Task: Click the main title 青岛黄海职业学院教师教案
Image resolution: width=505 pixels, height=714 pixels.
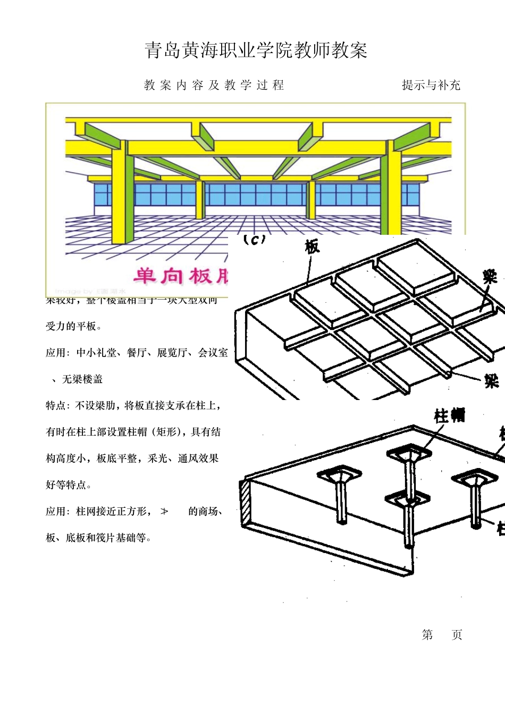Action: (x=256, y=50)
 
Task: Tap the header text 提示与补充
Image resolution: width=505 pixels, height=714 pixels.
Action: (x=431, y=85)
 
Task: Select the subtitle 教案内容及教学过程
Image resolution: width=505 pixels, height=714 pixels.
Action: (x=214, y=85)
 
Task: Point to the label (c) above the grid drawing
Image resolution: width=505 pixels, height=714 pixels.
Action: (x=254, y=240)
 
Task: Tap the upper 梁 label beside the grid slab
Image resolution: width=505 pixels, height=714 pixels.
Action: (x=490, y=277)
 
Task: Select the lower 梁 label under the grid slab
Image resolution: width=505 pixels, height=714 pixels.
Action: (x=491, y=380)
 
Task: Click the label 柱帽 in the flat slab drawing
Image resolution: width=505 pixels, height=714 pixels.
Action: (x=450, y=415)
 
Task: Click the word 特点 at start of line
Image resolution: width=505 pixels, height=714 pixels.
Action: (x=56, y=405)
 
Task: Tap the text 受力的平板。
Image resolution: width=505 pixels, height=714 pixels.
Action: (x=73, y=326)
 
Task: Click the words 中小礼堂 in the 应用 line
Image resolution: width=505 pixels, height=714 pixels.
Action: (x=96, y=353)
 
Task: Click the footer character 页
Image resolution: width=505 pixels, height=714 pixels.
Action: (x=457, y=635)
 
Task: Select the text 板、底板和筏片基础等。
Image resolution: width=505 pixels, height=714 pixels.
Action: (x=99, y=538)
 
